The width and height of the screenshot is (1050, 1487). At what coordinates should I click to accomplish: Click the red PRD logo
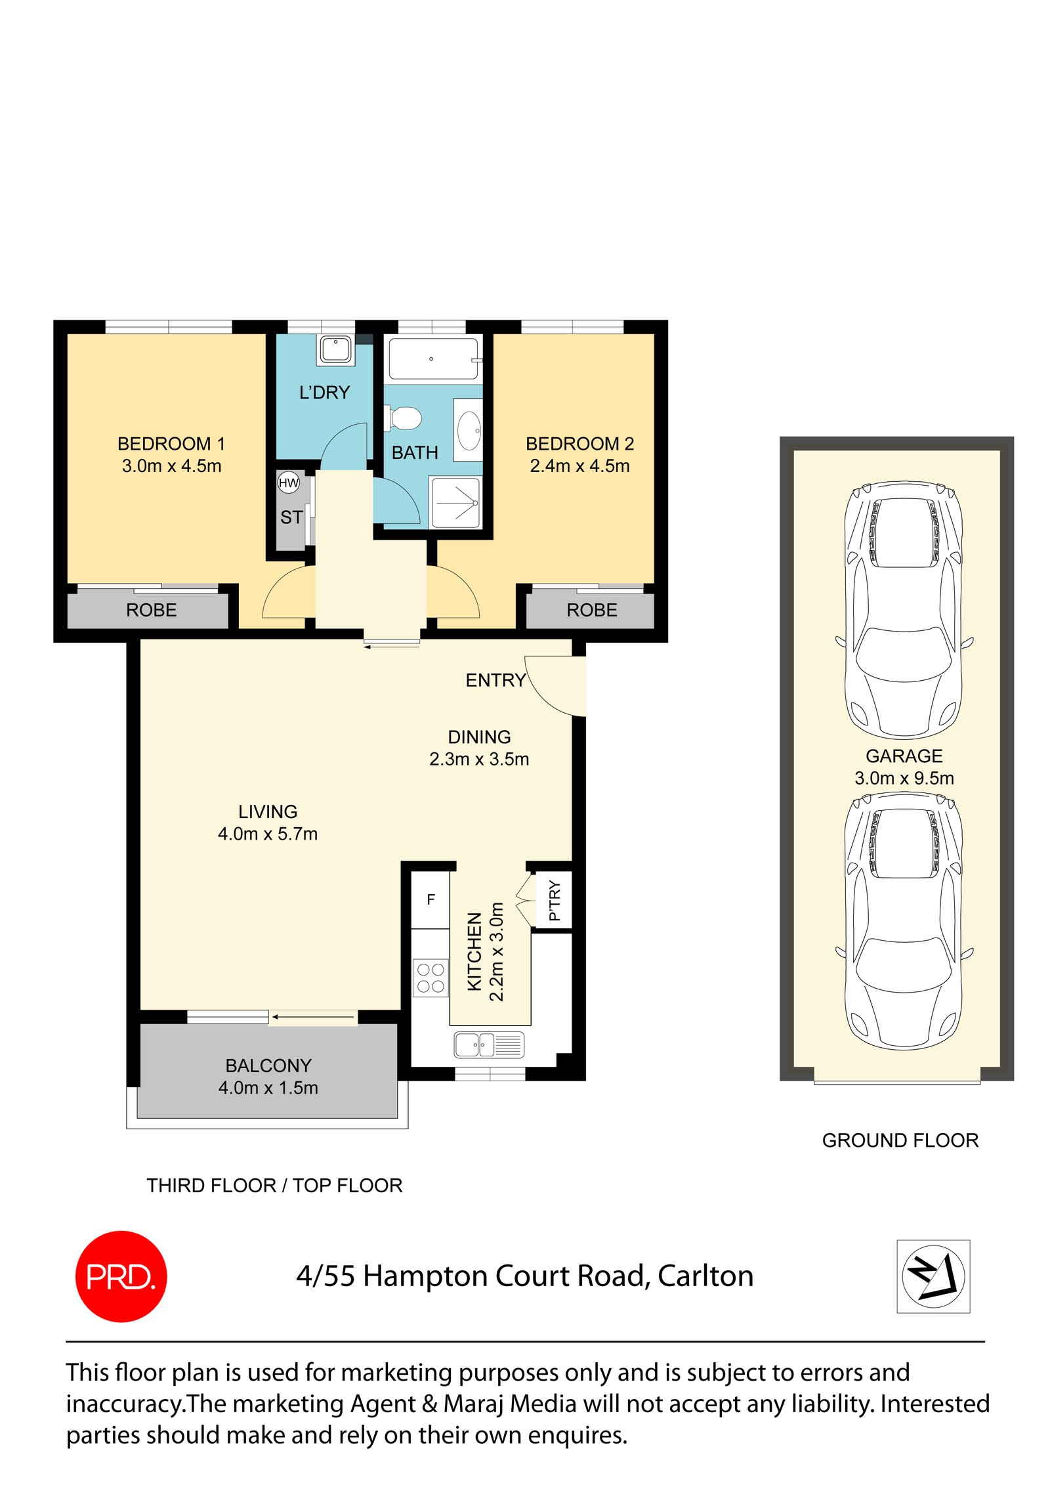coord(121,1276)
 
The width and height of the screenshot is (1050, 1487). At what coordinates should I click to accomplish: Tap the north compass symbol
coord(933,1276)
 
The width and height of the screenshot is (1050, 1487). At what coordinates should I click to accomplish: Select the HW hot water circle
coord(289,483)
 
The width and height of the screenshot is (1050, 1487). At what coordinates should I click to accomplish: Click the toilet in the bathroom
coord(404,418)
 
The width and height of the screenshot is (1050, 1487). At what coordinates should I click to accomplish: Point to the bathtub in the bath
coord(433,358)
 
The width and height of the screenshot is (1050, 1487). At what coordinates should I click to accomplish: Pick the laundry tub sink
coord(335,349)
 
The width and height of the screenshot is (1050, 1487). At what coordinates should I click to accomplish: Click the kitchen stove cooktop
coord(430,978)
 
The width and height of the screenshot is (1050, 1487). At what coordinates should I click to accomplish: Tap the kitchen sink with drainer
coord(489,1045)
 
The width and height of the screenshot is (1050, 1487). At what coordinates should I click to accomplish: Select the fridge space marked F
coord(430,899)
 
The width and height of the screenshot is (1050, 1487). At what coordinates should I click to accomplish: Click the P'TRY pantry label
coord(555,901)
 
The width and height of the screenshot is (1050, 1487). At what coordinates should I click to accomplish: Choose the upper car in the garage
coord(904,611)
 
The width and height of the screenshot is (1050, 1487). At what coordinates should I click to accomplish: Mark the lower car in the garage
coord(904,922)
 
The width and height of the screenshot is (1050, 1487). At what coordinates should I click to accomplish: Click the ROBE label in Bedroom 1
coord(151,610)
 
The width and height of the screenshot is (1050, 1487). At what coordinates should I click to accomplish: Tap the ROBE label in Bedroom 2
coord(591,610)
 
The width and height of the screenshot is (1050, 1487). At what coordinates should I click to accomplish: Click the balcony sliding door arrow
coord(314,1017)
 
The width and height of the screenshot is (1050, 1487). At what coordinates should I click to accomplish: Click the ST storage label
coord(291,517)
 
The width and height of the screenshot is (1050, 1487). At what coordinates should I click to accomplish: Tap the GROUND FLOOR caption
coord(900,1140)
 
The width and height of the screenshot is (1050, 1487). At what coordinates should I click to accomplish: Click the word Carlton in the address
coord(705,1276)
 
